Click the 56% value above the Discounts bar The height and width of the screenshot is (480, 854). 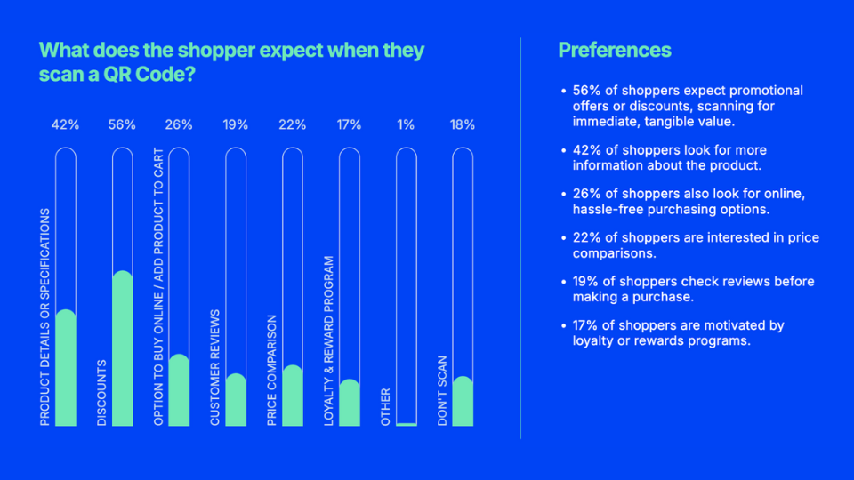click(122, 125)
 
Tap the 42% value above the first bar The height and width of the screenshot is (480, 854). click(65, 125)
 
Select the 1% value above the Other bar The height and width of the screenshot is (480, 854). click(406, 125)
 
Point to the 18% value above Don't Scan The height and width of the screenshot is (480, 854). click(463, 125)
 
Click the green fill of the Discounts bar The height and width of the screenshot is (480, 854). click(122, 351)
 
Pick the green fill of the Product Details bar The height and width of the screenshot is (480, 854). click(65, 369)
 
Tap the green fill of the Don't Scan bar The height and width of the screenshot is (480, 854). click(463, 402)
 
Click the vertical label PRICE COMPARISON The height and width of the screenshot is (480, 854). click(272, 370)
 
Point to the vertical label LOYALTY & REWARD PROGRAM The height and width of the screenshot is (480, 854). click(329, 340)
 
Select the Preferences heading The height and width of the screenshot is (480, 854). click(614, 50)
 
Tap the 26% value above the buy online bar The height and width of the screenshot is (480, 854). click(179, 125)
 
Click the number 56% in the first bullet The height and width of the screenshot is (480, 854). click(588, 91)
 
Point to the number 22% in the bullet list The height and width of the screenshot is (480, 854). click(587, 238)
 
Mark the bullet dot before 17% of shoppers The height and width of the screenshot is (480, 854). click(563, 326)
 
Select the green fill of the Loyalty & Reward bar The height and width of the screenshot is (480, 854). click(350, 404)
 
